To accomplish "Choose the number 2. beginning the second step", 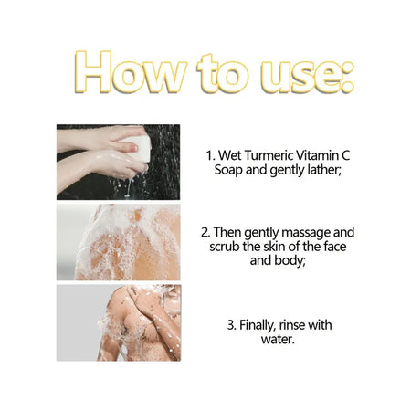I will click(x=206, y=233).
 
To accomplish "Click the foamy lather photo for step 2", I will click(x=118, y=241).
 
